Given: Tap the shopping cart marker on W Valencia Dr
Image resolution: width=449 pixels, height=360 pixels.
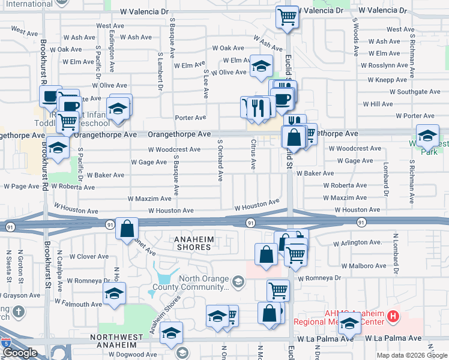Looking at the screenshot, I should [288, 17].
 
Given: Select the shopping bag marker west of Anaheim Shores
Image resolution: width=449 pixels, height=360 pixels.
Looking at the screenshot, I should [127, 229].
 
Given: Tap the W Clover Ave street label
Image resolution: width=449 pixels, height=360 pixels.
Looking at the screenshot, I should [89, 256].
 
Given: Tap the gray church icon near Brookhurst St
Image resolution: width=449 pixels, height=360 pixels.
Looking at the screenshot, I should [19, 311].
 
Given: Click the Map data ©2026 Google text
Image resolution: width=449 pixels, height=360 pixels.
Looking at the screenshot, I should [411, 355].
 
